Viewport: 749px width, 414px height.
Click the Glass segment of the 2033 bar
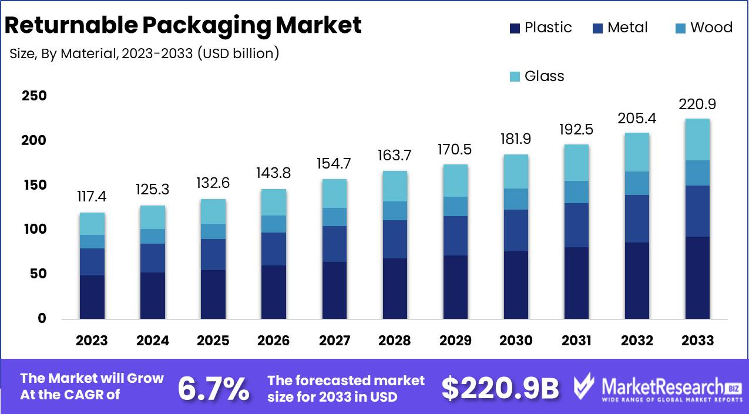tap(697, 139)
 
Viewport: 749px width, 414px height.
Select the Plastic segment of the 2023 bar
tap(92, 297)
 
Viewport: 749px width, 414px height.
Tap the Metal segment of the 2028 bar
tap(395, 239)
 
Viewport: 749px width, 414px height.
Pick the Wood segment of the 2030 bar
tap(516, 199)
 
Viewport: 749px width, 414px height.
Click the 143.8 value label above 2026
tap(274, 173)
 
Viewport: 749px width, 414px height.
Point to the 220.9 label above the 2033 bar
tap(697, 105)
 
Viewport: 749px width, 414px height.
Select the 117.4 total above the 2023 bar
tap(92, 197)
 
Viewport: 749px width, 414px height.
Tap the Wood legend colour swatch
tap(680, 28)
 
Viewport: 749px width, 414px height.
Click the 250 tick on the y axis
tap(34, 96)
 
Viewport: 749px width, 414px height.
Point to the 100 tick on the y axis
tap(34, 230)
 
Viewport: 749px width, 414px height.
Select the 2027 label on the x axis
tap(334, 341)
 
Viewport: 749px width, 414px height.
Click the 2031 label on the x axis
tap(576, 341)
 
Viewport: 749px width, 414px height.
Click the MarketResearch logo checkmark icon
tap(585, 386)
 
